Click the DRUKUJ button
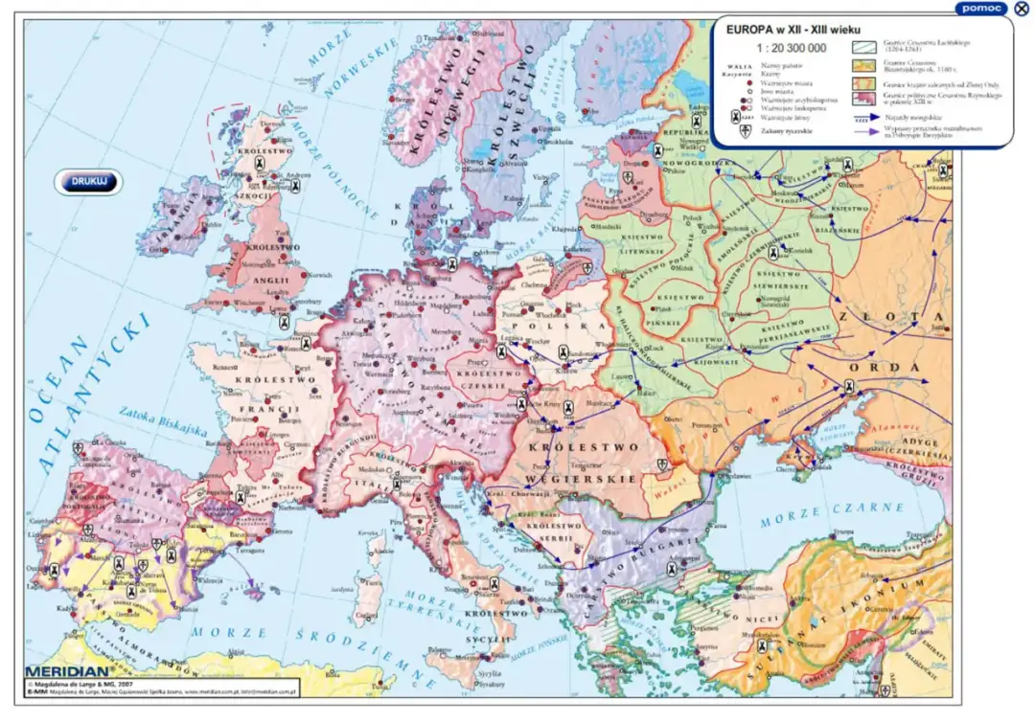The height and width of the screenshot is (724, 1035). pyautogui.click(x=88, y=181)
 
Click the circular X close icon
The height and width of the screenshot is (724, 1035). pyautogui.click(x=1022, y=9)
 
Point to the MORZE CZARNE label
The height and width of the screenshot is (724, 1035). pyautogui.click(x=811, y=515)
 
